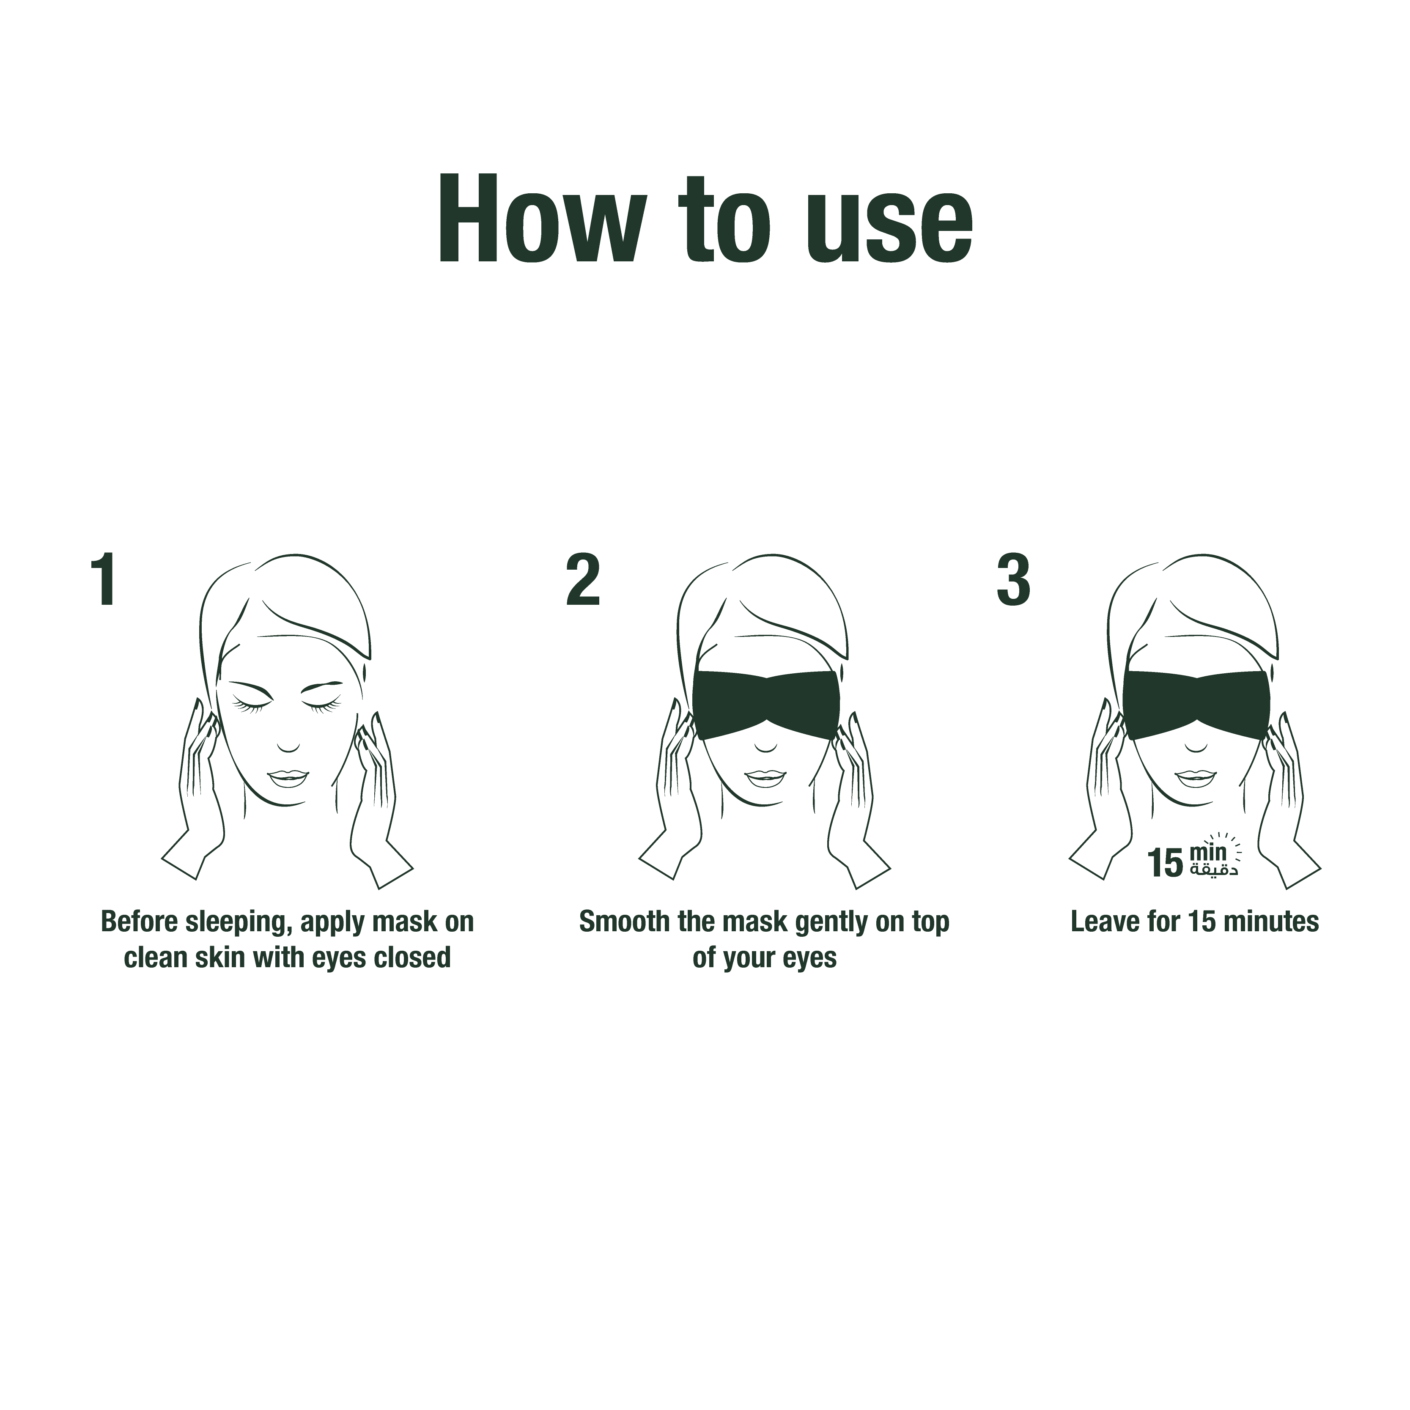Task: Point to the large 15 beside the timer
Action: pos(1165,863)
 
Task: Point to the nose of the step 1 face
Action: pos(288,746)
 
